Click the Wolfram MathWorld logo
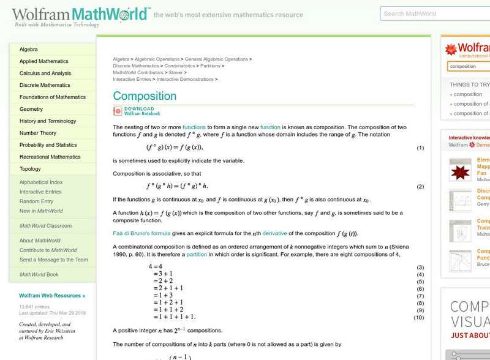coord(80,15)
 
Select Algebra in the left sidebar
coord(29,50)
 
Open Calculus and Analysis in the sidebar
coord(45,73)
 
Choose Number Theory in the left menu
coord(38,133)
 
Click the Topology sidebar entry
coord(30,169)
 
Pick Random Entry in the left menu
coord(36,201)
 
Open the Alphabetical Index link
coord(41,182)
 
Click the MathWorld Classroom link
coord(45,226)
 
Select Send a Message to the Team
coord(54,260)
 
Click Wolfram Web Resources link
coord(52,296)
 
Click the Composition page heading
coord(145,96)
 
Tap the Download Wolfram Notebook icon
coord(118,111)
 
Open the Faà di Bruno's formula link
coord(141,233)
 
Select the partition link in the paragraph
coord(197,254)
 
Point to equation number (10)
coord(419,317)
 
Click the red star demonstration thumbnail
coord(460,170)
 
